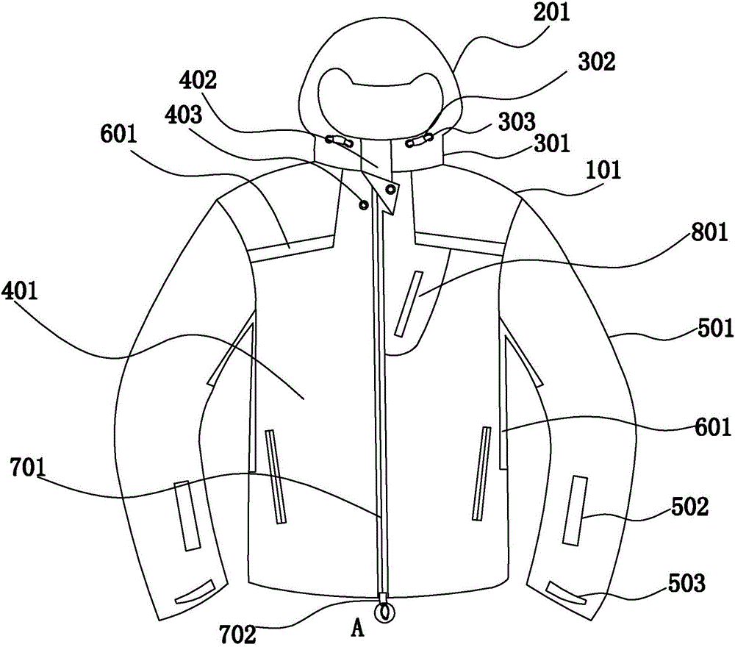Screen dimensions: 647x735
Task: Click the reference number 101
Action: (x=602, y=171)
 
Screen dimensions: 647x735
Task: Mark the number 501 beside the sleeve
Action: (x=708, y=324)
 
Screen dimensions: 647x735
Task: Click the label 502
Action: (x=689, y=508)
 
